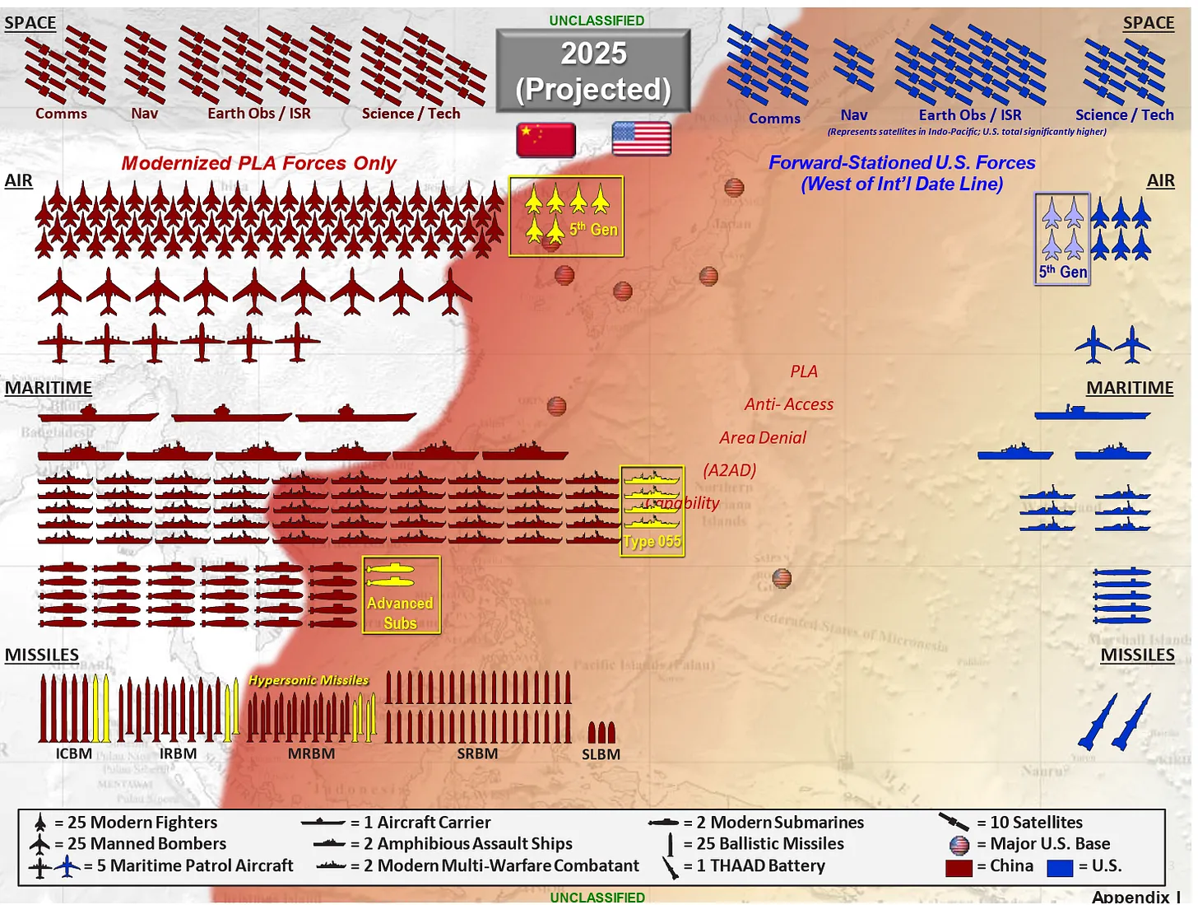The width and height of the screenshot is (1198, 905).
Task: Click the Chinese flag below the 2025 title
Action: pos(546,139)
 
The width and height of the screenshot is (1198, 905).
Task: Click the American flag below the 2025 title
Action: pos(642,138)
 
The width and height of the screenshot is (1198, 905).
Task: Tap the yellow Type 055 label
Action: pos(652,541)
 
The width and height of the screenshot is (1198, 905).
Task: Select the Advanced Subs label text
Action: pos(400,613)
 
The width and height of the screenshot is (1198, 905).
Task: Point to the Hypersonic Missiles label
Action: pos(309,680)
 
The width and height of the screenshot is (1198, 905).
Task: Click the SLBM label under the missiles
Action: pos(601,754)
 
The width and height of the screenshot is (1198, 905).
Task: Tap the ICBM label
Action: pos(74,753)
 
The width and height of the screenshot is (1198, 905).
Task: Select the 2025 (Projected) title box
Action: pos(593,71)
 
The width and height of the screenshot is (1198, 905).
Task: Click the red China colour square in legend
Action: pos(959,867)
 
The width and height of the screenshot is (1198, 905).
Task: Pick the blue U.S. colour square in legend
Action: pos(1060,867)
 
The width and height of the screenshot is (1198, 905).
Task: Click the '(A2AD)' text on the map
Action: pos(729,470)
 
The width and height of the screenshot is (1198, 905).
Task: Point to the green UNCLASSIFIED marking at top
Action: pos(597,20)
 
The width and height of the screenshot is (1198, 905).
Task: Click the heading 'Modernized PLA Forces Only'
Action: pos(258,163)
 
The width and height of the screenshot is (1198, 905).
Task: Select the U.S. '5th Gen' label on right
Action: pos(1062,272)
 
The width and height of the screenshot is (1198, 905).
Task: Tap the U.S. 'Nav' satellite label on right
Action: pos(853,115)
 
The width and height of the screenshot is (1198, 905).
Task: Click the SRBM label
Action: pos(477,753)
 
